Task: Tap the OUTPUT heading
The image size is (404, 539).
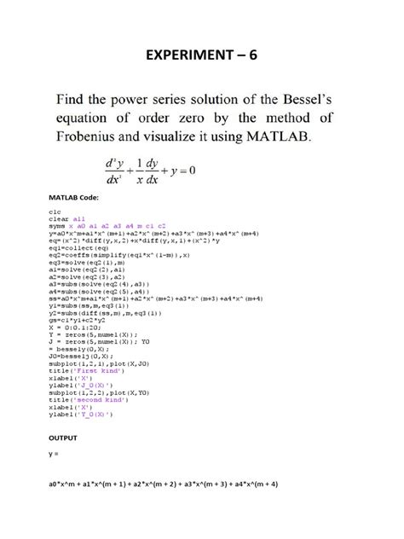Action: [62, 438]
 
